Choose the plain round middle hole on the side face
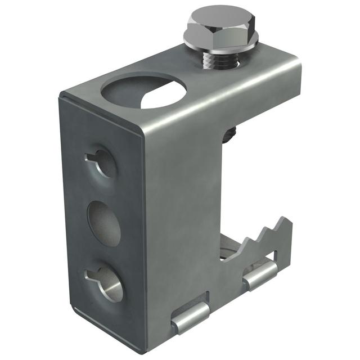click(104, 223)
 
